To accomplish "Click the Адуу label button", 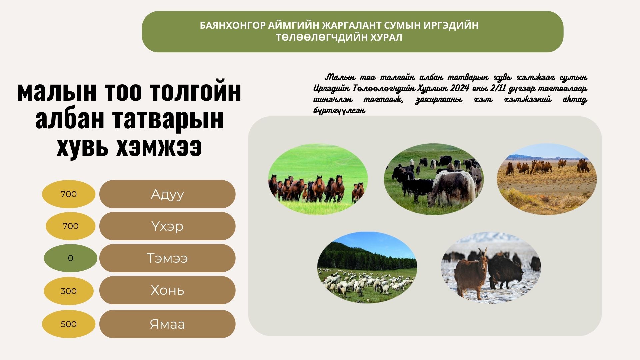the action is [x=167, y=194].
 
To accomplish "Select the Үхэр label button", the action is [x=167, y=226].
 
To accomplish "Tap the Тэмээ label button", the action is [x=167, y=258].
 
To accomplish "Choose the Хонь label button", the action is [x=167, y=290].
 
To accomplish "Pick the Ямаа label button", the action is [x=167, y=324].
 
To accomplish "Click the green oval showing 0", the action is [x=70, y=258].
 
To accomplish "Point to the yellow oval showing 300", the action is [x=69, y=291].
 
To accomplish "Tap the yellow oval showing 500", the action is [x=69, y=324].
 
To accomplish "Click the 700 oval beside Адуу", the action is [x=69, y=194].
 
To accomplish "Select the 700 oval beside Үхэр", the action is [x=70, y=226].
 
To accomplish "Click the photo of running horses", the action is [x=318, y=179].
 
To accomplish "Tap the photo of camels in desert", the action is [x=547, y=179].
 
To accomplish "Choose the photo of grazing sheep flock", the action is [x=367, y=267].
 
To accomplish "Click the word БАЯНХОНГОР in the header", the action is [x=233, y=25].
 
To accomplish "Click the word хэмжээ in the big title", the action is [x=159, y=147].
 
